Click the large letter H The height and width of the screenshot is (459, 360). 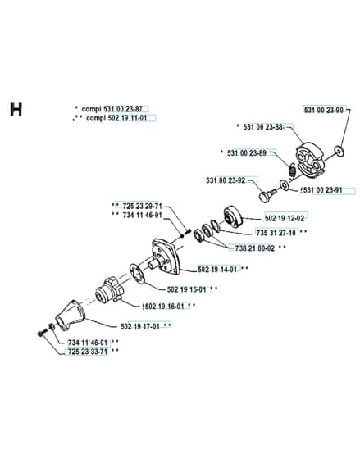tap(16, 110)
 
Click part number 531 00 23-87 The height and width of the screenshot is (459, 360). tap(123, 109)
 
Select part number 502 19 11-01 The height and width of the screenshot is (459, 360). tap(127, 118)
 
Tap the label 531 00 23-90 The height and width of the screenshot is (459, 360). tap(323, 110)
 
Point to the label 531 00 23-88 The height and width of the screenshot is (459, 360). tap(262, 127)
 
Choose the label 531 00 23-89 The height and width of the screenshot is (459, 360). tap(247, 152)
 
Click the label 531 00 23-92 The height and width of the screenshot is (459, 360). tap(226, 180)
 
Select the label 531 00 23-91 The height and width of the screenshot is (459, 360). tap(322, 190)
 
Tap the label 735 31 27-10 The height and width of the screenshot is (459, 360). tap(276, 233)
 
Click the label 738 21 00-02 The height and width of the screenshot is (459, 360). tap(255, 248)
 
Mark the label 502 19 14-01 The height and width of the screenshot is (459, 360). tap(217, 269)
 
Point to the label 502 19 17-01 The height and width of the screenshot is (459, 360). tap(140, 326)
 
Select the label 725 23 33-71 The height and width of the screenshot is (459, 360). tap(88, 352)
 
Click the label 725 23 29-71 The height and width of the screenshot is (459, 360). tap(142, 206)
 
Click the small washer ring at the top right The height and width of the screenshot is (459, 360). tap(339, 152)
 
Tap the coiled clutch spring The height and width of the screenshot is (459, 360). tap(292, 170)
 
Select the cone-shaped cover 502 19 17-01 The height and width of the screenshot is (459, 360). tap(70, 316)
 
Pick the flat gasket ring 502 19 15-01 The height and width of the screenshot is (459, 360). tap(137, 273)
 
